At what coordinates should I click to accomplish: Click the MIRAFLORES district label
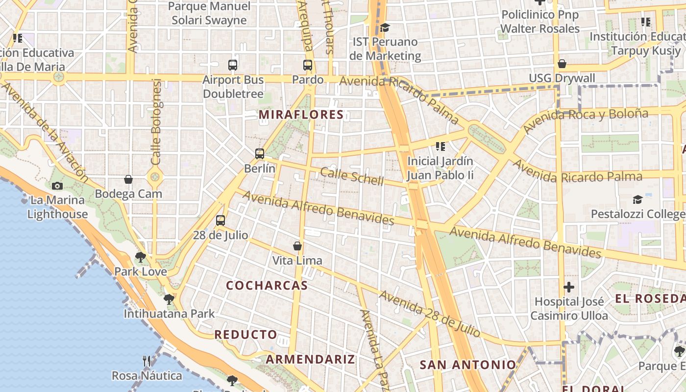coord(301,115)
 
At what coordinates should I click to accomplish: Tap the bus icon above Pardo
coord(308,65)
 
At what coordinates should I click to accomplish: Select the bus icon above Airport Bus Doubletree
coord(233,65)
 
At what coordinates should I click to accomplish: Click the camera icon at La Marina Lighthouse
coord(57,186)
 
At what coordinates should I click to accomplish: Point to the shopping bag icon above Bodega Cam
coord(128,179)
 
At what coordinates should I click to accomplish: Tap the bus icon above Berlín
coord(260,153)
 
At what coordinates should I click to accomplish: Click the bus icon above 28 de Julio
coord(220,220)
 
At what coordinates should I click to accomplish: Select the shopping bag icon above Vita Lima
coord(297,245)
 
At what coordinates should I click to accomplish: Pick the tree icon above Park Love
coord(141,256)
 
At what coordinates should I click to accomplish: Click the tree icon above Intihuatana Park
coord(169,299)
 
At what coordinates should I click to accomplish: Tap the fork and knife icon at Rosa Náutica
coord(147,361)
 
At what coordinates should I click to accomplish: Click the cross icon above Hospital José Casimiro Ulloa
coord(569,287)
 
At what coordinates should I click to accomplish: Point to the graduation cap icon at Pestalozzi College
coord(637,199)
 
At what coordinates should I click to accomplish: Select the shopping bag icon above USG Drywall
coord(562,64)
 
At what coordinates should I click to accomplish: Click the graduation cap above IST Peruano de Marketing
coord(385,27)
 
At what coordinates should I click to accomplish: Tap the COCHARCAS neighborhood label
coord(267,285)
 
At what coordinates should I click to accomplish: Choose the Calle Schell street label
coord(352,176)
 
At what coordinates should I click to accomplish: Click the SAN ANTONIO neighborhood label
coord(468,365)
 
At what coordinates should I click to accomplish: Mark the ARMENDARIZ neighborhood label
coord(310,359)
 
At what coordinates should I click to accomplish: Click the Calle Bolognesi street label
coord(156,122)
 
